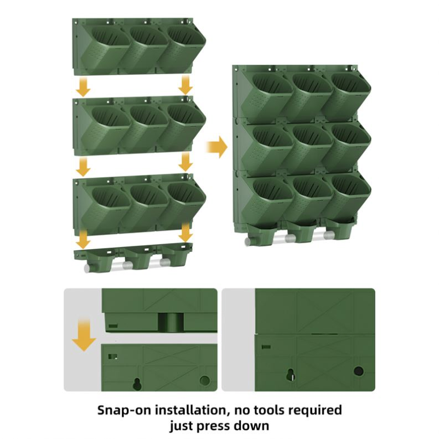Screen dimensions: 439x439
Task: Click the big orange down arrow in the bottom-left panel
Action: coord(84,334)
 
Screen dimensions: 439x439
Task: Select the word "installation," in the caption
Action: coord(191,410)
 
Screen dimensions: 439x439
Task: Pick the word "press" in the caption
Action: coord(213,426)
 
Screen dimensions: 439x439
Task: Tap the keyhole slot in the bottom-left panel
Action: coord(137,384)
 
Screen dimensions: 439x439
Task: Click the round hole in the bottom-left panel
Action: coord(205,380)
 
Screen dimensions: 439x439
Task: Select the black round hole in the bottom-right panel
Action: coord(359,371)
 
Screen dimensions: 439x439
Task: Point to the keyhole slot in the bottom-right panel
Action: coord(291,375)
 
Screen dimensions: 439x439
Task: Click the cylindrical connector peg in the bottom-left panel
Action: coord(171,322)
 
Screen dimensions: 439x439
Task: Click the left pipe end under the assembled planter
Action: coord(248,242)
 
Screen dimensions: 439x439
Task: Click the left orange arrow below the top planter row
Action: coord(84,87)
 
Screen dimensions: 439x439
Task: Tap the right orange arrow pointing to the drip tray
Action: coord(185,232)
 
